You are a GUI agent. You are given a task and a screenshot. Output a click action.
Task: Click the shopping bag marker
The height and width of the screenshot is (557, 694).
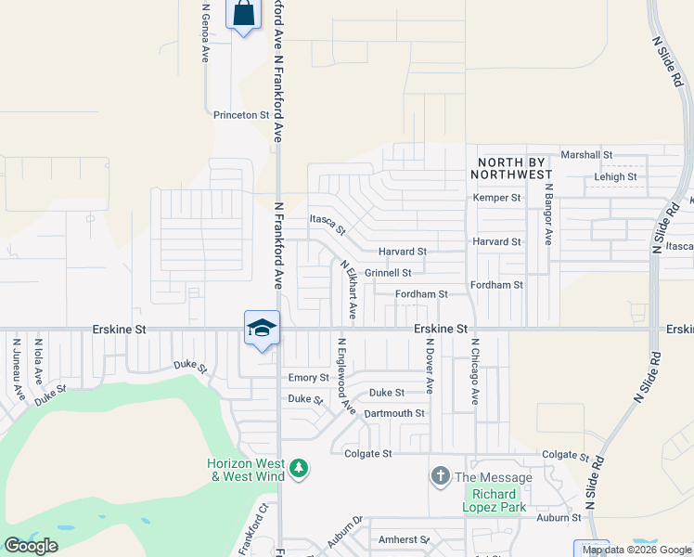point(243,15)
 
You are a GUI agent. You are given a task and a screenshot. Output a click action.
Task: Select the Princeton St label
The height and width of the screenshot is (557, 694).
point(240,115)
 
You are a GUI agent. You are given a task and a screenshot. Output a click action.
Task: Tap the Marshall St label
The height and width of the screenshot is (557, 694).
point(586,155)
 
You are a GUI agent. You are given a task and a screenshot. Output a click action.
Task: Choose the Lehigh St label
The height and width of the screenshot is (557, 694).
point(615,176)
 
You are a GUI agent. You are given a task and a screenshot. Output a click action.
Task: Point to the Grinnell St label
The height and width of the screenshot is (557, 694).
point(388,273)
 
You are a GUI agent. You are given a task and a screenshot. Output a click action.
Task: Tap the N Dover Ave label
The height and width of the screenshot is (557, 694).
point(430,365)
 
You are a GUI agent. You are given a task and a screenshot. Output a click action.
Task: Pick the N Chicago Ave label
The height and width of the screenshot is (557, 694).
point(474,370)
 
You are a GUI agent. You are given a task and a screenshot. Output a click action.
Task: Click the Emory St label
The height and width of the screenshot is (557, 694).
point(308,378)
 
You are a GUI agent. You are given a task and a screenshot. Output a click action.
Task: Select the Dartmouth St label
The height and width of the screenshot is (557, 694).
point(393,413)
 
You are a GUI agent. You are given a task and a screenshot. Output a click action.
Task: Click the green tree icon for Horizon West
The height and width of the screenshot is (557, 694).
point(299,468)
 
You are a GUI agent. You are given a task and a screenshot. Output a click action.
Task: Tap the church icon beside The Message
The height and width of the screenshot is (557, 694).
point(441,477)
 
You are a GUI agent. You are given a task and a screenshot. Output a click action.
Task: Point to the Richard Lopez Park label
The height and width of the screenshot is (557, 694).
point(498,500)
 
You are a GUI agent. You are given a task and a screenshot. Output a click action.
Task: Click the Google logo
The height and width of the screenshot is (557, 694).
point(32,546)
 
